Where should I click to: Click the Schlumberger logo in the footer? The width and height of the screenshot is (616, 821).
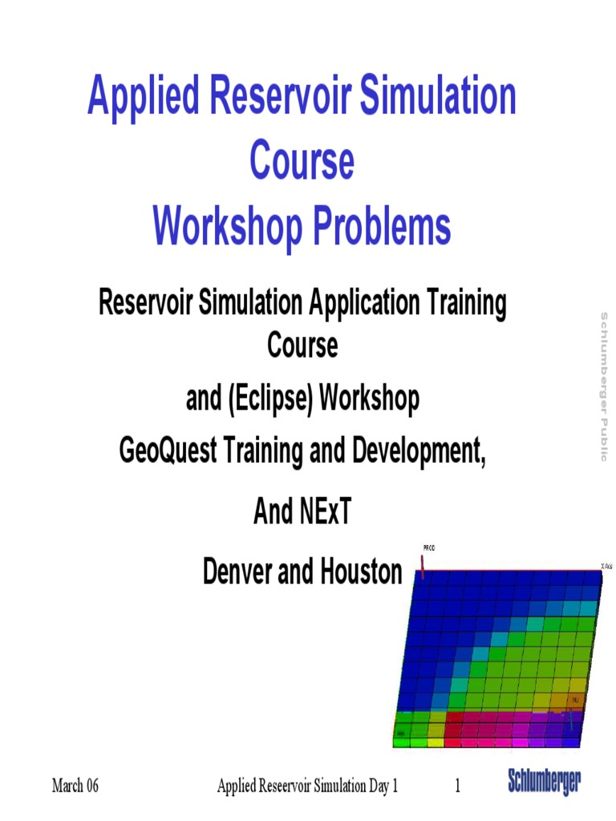click(x=545, y=782)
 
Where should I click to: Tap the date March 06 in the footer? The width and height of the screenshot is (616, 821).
click(x=75, y=786)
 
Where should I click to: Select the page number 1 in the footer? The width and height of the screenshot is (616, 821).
click(x=458, y=786)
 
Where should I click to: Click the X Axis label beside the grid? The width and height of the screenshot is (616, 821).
click(x=607, y=566)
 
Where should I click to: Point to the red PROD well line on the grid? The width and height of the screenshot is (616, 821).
click(x=423, y=564)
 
